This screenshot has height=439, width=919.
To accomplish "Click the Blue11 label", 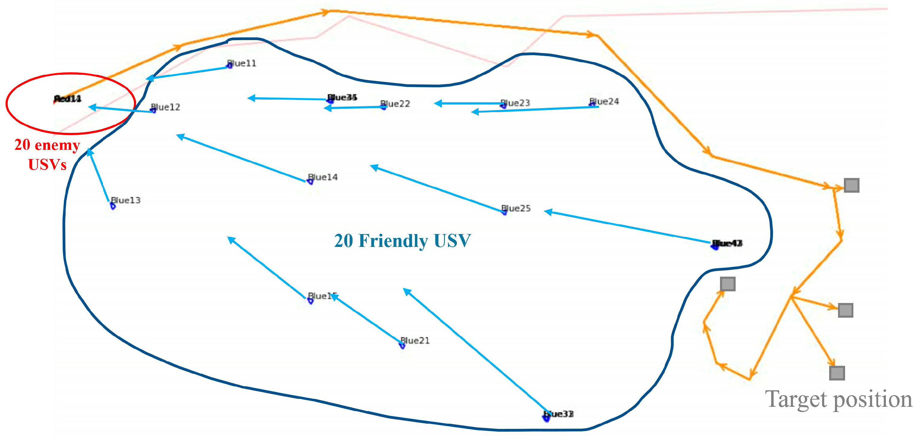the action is (242, 63).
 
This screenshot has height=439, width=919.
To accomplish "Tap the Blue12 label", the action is (166, 107).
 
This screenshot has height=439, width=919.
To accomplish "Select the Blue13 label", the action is (126, 200).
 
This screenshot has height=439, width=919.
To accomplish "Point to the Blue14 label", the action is (323, 177).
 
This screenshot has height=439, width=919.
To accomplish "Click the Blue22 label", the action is (395, 104).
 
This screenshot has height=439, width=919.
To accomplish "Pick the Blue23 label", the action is (515, 103).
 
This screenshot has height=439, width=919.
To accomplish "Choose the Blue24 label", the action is (604, 101).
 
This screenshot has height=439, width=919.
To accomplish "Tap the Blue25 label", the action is (516, 208).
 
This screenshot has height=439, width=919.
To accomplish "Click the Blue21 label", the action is (415, 341).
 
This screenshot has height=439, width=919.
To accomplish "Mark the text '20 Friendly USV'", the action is (402, 241).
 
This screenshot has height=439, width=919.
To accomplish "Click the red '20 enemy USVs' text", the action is (47, 155).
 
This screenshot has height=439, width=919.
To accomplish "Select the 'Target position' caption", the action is (838, 399).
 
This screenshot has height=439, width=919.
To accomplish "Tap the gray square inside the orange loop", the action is (728, 284).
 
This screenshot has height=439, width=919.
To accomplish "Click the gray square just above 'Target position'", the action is (837, 373).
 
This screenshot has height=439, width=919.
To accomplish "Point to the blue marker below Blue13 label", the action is (113, 206).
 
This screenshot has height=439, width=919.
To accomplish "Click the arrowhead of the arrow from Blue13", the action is (90, 152).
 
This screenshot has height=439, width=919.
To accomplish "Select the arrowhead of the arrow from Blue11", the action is (149, 78).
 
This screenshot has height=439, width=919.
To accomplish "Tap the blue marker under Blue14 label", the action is (310, 182).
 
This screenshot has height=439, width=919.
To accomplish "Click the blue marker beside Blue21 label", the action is (402, 346).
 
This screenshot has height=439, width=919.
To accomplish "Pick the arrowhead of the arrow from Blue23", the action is (437, 103).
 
